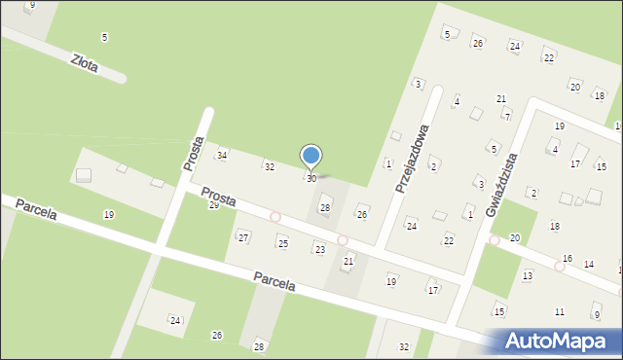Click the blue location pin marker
point(311,157)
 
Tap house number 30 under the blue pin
point(311,179)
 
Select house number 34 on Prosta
point(222,156)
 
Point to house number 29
point(213,205)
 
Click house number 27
point(243,237)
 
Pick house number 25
point(282,242)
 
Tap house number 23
point(319,250)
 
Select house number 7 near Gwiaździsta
point(506,116)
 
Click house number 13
point(527,276)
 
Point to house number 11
point(559,311)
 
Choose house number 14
point(589,264)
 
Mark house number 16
point(567,258)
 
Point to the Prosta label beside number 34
point(192,154)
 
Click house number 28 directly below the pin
point(325,208)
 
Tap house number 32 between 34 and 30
point(269,167)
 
